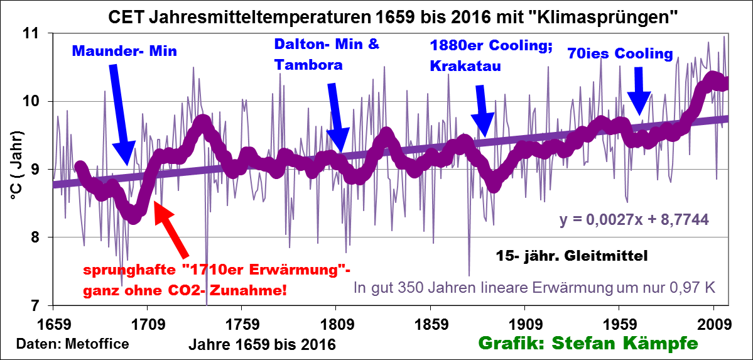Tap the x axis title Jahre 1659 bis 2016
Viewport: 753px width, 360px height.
(262, 344)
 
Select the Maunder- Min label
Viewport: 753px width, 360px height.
(125, 52)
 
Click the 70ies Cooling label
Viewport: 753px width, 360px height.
(619, 54)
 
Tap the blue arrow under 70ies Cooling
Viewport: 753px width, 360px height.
(639, 92)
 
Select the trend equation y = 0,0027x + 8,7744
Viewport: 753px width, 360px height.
(634, 220)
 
